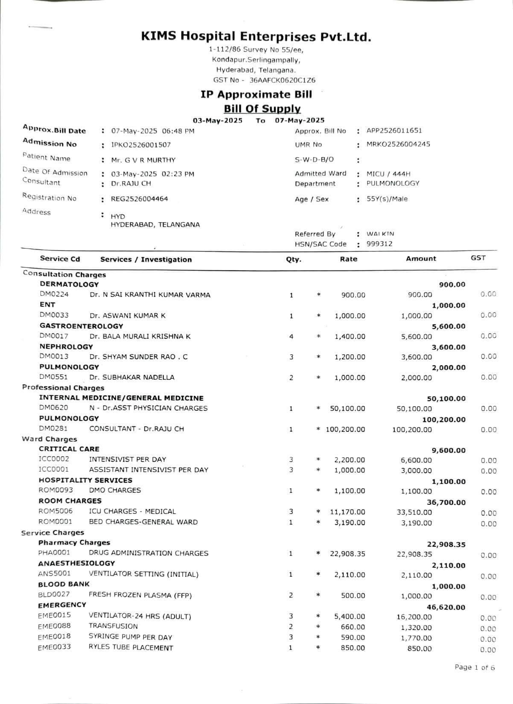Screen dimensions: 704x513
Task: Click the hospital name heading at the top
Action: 256,37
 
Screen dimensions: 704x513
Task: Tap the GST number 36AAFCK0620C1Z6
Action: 283,80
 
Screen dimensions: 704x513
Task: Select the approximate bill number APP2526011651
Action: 394,131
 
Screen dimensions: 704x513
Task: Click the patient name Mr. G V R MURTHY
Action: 143,160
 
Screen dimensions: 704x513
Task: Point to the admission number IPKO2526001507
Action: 141,145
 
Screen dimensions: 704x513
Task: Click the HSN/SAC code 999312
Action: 379,244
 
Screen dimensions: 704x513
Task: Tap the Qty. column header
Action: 294,259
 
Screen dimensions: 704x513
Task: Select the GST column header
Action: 478,258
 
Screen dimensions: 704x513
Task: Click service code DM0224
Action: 54,294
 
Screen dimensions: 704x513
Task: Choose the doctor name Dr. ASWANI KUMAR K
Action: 128,316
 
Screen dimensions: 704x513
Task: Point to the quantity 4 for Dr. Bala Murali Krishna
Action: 291,337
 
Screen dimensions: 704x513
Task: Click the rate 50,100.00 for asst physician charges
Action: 347,409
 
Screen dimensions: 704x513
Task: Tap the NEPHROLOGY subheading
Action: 66,346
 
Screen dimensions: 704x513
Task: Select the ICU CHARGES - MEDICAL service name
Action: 132,511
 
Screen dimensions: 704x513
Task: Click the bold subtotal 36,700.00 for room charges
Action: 446,503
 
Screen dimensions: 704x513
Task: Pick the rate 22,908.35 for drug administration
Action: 347,554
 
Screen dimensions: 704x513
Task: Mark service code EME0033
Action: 54,647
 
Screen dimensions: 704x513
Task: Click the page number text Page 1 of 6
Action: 475,667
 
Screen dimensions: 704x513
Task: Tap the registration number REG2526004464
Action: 140,199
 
